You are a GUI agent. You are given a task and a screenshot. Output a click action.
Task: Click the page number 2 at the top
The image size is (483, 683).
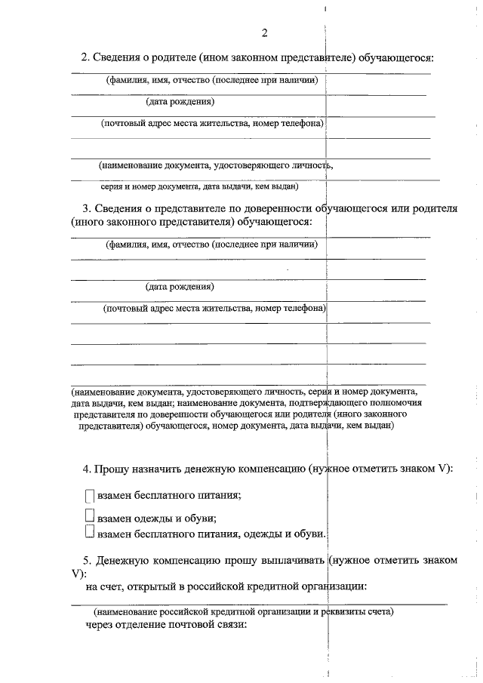point(264,32)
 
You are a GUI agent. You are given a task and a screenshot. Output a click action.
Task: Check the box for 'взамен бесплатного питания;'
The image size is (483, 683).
point(89,496)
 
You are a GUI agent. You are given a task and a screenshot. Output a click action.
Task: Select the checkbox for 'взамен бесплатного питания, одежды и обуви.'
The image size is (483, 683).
point(89,534)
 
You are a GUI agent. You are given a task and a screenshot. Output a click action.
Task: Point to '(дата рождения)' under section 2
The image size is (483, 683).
point(180,101)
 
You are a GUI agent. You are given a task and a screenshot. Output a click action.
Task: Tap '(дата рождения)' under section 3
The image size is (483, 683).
point(180,287)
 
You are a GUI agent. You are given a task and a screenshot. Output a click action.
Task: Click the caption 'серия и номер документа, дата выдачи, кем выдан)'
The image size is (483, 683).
point(199,186)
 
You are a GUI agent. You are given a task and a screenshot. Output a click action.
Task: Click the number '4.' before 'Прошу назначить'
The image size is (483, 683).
point(87,469)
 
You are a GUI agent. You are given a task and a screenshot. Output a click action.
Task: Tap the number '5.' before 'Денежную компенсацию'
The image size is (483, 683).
point(87,560)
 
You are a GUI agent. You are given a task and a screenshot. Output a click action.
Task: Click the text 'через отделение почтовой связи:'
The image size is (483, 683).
point(166,624)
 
